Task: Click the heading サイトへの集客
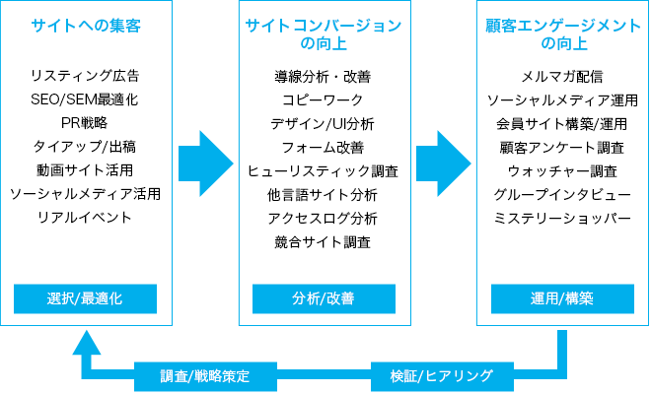pos(86,26)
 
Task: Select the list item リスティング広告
pos(85,76)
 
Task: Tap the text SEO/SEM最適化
pos(85,99)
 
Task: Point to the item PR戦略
pos(85,123)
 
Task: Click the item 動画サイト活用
pos(85,170)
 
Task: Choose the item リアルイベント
pos(85,218)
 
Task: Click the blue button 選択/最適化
pos(85,298)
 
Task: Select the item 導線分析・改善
pos(323,77)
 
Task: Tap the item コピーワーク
pos(323,100)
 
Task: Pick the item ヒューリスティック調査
pos(323,171)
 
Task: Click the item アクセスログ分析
pos(323,219)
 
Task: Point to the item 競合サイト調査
pos(323,242)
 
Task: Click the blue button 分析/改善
pos(324,298)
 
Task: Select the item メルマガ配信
pos(562,77)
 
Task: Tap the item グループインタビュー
pos(562,195)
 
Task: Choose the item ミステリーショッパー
pos(562,219)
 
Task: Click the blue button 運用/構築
pos(562,298)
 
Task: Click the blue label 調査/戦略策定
pos(205,376)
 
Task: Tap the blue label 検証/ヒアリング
pos(442,376)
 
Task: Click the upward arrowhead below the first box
pos(87,344)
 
